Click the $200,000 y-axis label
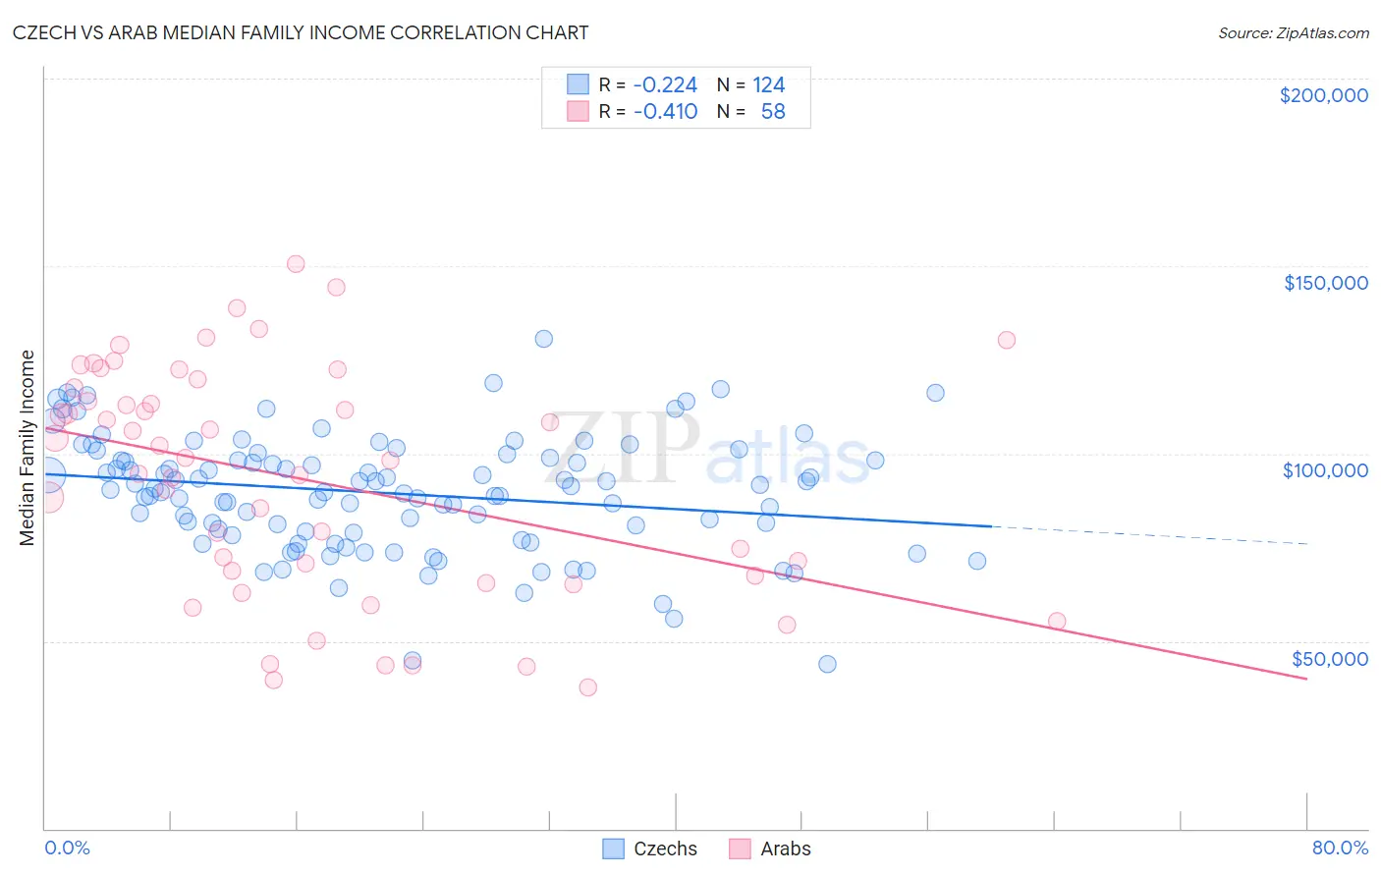(1323, 95)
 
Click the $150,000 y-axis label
(1325, 283)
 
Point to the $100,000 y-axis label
(1325, 470)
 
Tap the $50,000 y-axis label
(1329, 658)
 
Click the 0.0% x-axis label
(67, 848)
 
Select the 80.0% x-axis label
(1340, 848)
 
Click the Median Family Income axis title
(27, 448)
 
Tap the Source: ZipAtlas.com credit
(1293, 32)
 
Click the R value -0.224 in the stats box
(665, 84)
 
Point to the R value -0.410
(665, 111)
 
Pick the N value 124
(768, 84)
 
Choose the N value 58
(773, 111)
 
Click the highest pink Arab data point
(296, 263)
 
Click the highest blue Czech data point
(543, 339)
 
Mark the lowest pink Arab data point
(588, 687)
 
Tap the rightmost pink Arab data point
(1057, 621)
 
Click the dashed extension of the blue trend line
(1149, 535)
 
